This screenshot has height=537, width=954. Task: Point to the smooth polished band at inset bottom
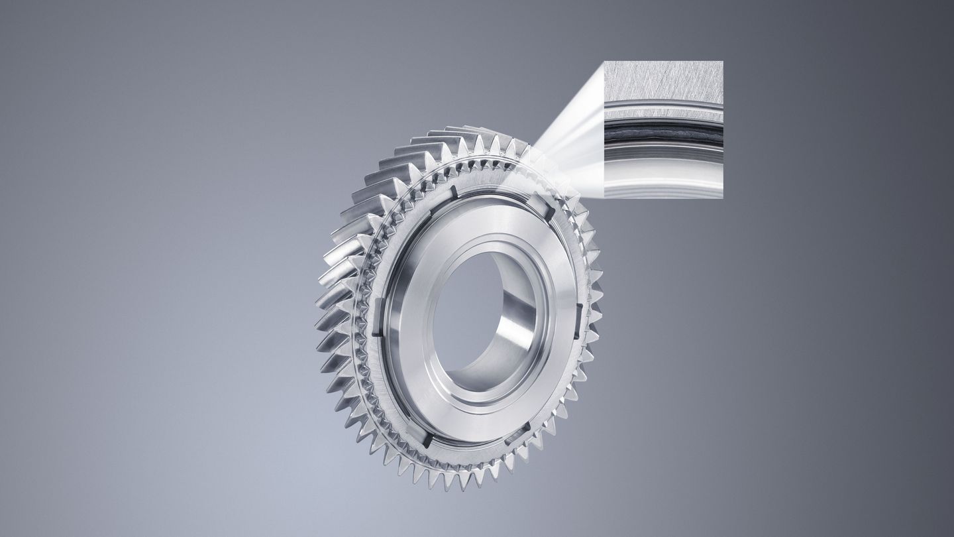coord(662,176)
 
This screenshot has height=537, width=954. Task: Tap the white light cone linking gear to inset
coord(570,146)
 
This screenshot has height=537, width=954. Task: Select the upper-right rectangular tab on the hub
coord(544,208)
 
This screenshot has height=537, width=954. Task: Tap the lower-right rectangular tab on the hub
coord(517,434)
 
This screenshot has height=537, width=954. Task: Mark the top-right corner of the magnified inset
coord(723,61)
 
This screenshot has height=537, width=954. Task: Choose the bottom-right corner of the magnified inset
coord(723,198)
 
